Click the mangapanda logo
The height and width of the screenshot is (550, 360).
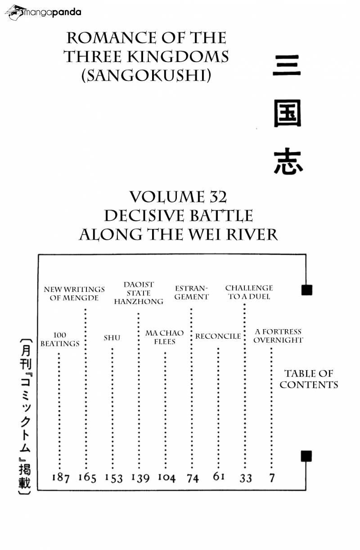pos(43,12)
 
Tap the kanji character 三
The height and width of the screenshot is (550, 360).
pos(287,65)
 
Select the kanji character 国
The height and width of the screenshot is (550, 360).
pos(287,113)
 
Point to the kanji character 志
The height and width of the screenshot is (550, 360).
pos(288,161)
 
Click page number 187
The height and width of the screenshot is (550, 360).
pos(61,477)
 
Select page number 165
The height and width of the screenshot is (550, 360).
pos(87,477)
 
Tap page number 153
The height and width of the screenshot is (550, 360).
pos(114,478)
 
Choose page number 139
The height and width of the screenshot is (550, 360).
pos(140,478)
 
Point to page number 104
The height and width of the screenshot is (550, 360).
pos(166,477)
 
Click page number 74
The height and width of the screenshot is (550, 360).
pos(193,478)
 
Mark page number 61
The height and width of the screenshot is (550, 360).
pos(219,476)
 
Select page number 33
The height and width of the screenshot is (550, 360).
pos(246,478)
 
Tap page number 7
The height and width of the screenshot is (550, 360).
pos(272,478)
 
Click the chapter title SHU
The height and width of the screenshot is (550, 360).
pos(112,338)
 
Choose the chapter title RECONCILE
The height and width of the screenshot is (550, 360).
pos(218,336)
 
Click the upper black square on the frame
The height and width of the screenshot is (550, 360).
pos(307,290)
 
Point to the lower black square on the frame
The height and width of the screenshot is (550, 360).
pos(306,456)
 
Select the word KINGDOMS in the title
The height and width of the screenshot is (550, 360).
pos(178,57)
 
